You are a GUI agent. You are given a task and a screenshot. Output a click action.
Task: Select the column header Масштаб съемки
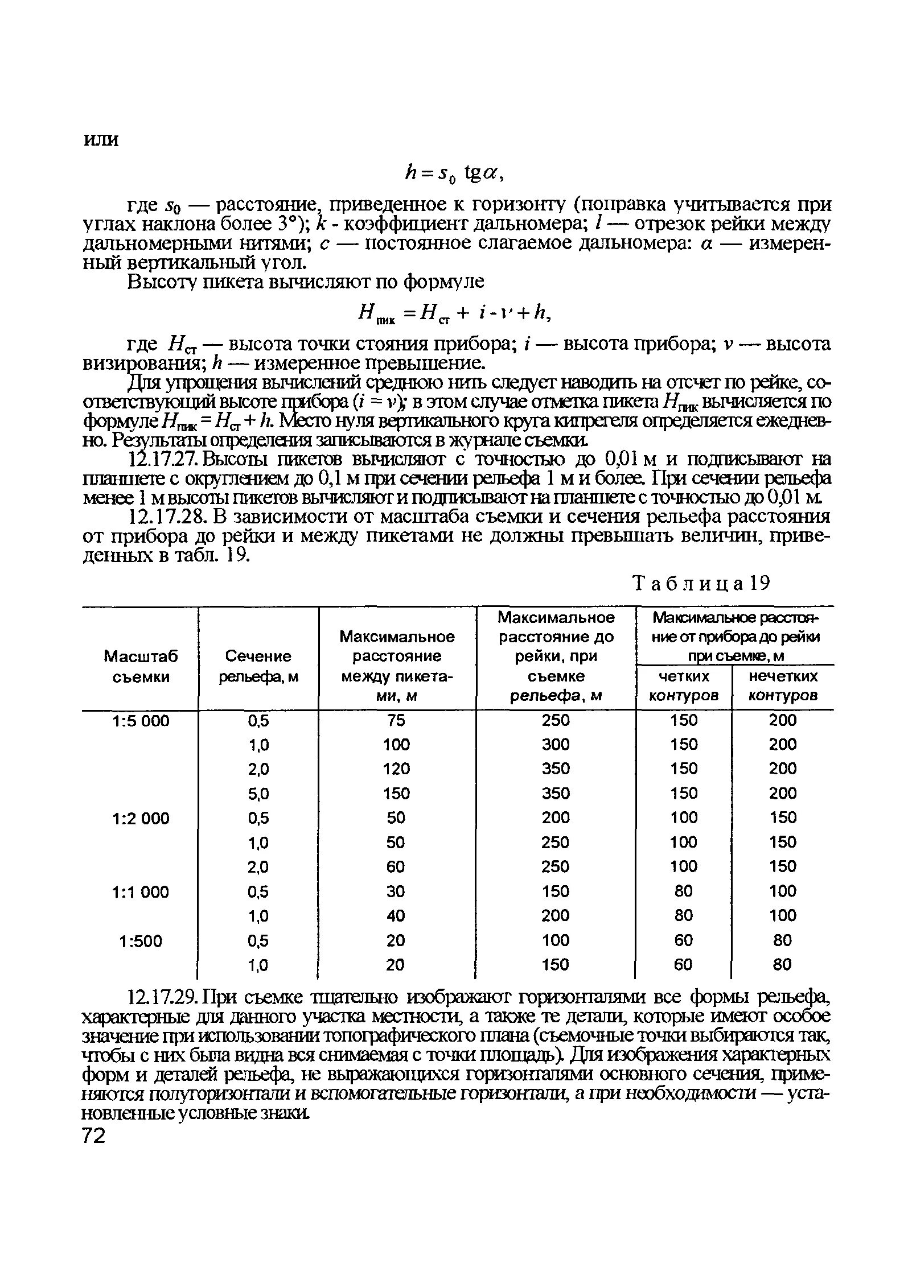tap(140, 666)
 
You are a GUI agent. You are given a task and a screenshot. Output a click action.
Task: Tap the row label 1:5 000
tap(141, 721)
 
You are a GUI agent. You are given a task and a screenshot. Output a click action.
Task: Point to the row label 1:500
tap(141, 941)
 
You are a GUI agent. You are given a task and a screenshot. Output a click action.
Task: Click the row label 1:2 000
tap(141, 818)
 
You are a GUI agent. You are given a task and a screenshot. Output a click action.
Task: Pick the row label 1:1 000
tap(141, 891)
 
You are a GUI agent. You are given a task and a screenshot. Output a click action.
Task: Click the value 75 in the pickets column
tap(396, 720)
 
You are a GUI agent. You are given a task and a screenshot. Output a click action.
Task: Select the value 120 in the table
tap(396, 769)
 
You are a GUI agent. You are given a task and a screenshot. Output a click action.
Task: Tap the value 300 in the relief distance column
tap(555, 745)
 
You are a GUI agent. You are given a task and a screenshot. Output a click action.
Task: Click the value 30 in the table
tap(396, 891)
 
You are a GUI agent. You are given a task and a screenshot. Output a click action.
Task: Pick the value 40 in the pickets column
tap(396, 915)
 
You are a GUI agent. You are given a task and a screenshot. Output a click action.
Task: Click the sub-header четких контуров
tap(684, 686)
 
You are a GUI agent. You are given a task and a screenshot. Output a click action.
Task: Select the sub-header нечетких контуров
tap(783, 686)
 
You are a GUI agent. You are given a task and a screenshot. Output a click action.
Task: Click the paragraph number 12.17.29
tap(164, 997)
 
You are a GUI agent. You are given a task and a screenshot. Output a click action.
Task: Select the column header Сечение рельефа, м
tap(258, 666)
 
